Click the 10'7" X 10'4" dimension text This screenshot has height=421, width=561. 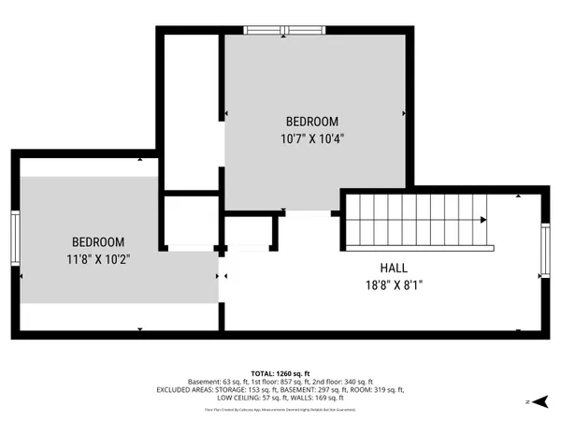[312, 138]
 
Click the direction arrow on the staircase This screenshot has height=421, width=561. [482, 221]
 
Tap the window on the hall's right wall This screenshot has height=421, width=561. [545, 253]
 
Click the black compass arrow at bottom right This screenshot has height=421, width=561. [540, 401]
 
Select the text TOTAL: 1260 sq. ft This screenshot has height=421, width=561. [280, 373]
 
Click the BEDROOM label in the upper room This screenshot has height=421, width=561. [312, 122]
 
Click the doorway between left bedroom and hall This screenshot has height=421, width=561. [222, 277]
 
